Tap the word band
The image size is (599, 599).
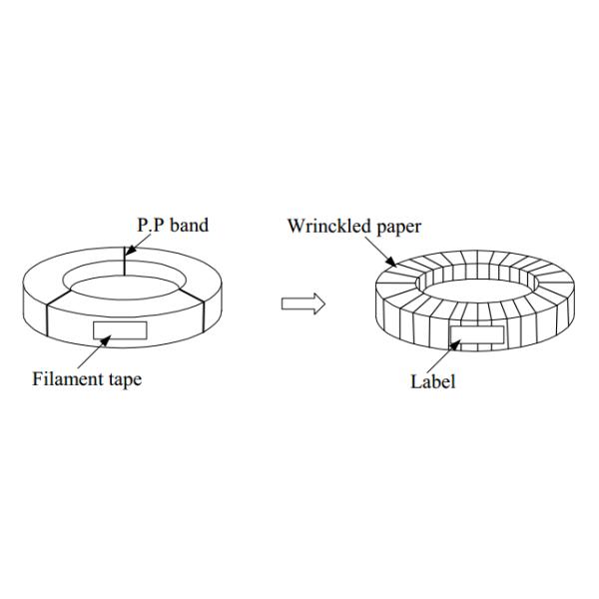(189, 226)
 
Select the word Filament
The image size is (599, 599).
(64, 378)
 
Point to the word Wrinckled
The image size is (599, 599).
(327, 226)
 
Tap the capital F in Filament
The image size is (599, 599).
(37, 378)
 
